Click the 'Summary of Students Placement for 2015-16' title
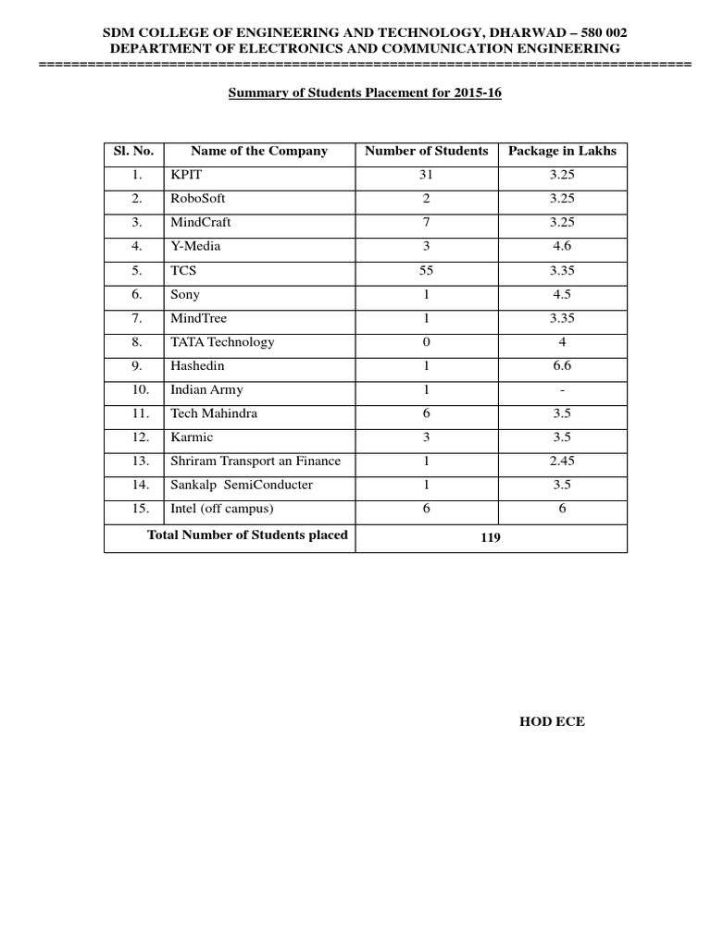(x=365, y=93)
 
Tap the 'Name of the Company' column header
(x=259, y=151)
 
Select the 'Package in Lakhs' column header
(x=562, y=151)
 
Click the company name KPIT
(x=184, y=175)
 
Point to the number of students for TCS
(x=427, y=270)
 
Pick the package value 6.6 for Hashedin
(x=562, y=366)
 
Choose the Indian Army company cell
(x=206, y=389)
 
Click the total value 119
(x=490, y=537)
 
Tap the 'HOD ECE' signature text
(x=552, y=721)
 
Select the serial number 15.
(x=137, y=509)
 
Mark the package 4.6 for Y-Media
(x=562, y=246)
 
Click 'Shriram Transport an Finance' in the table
(x=256, y=461)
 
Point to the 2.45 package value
(x=562, y=461)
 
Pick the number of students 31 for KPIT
(x=427, y=175)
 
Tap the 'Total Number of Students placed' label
(x=247, y=535)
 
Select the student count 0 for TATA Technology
(x=427, y=341)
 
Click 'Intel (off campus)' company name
(x=222, y=509)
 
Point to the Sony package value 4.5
(x=562, y=294)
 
